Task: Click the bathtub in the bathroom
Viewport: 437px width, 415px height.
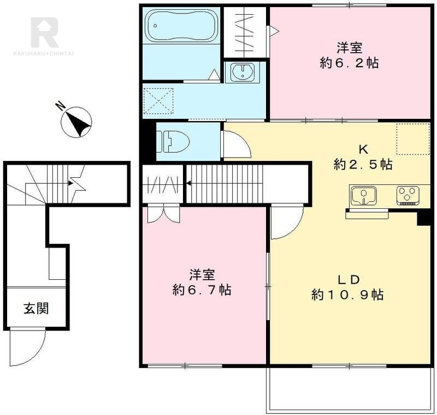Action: pyautogui.click(x=181, y=25)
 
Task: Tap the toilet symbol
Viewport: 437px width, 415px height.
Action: pyautogui.click(x=173, y=142)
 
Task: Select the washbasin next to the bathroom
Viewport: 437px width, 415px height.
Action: pyautogui.click(x=243, y=72)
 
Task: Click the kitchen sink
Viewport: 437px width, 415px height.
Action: pyautogui.click(x=364, y=195)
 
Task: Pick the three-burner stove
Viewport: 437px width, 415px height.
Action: pyautogui.click(x=408, y=196)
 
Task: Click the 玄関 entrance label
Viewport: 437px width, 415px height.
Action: pyautogui.click(x=36, y=308)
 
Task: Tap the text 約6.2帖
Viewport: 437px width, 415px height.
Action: pyautogui.click(x=349, y=63)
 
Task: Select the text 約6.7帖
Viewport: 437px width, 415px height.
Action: pyautogui.click(x=202, y=290)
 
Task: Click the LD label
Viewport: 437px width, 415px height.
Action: pyautogui.click(x=349, y=280)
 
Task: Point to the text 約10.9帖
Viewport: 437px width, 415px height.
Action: pyautogui.click(x=347, y=294)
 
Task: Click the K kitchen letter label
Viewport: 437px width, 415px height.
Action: pyautogui.click(x=363, y=150)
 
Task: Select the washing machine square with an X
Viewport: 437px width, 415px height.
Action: pyautogui.click(x=158, y=101)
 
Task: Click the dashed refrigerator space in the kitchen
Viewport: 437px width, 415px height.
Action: pyautogui.click(x=413, y=139)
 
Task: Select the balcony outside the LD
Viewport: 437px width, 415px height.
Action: pyautogui.click(x=349, y=389)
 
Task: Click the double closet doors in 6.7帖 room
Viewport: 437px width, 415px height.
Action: pyautogui.click(x=163, y=214)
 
